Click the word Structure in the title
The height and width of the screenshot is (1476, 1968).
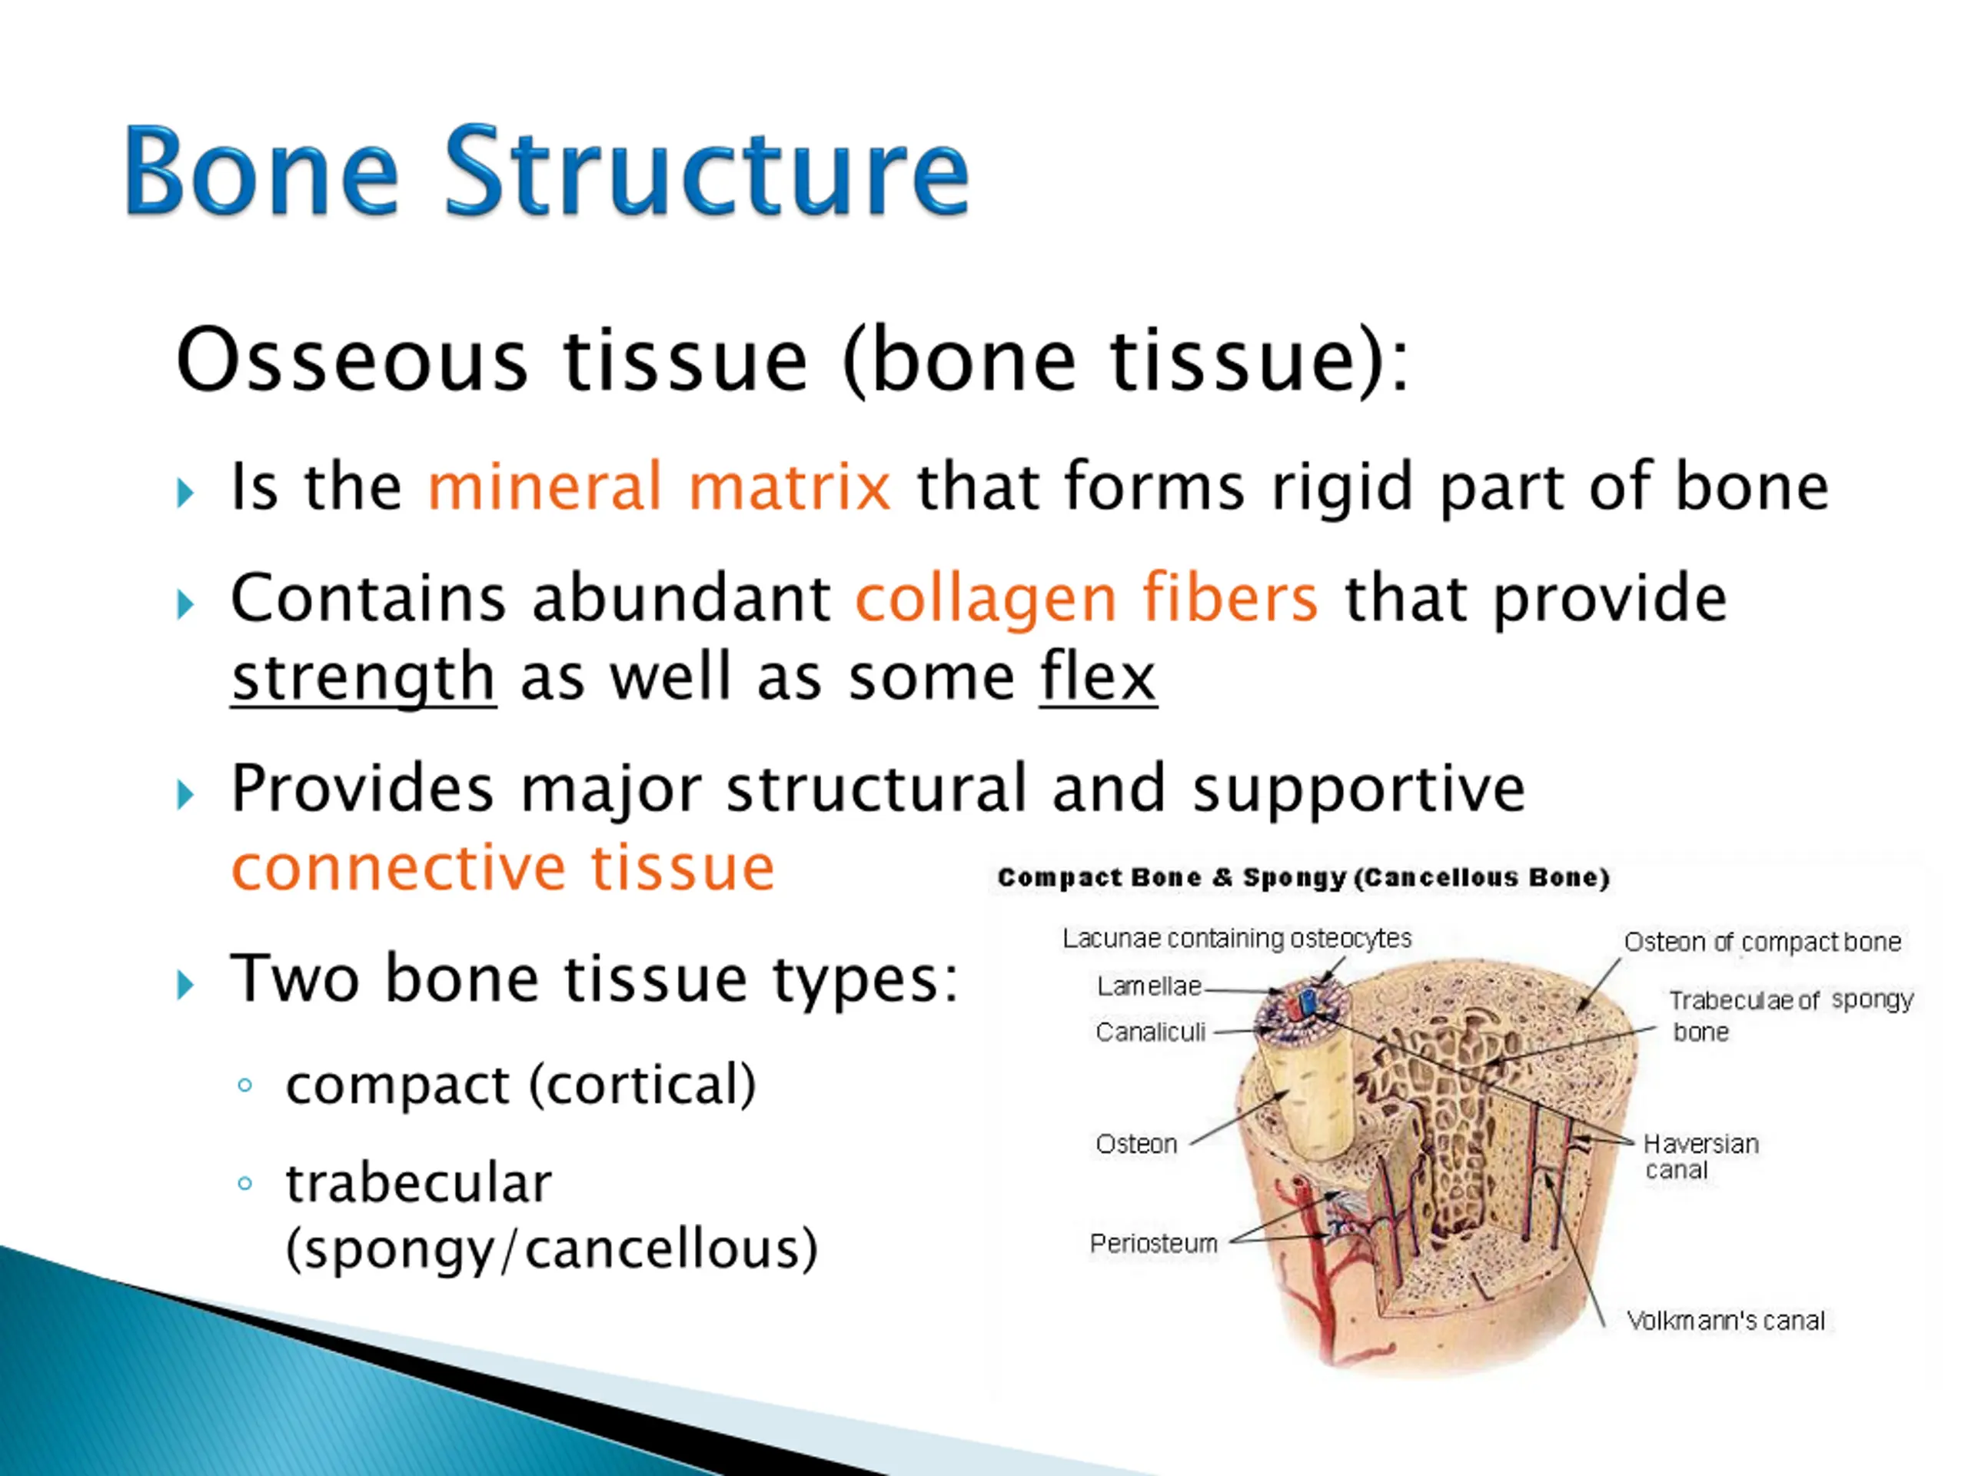pos(706,171)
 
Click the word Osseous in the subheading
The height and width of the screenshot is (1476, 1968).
pos(352,361)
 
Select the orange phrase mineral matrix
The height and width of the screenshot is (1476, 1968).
pos(658,487)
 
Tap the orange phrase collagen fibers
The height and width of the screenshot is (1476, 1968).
pos(1085,598)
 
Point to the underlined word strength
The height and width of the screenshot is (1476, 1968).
pos(363,678)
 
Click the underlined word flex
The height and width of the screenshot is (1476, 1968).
pos(1097,678)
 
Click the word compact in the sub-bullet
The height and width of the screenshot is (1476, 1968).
pos(397,1085)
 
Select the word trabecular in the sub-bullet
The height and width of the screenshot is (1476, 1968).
pos(418,1184)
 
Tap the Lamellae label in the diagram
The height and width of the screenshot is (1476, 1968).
pos(1149,986)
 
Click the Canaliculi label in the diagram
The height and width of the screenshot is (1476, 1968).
pos(1150,1032)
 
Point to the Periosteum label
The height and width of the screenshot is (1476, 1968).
pos(1153,1243)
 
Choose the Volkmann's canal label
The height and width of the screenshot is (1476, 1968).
pos(1725,1320)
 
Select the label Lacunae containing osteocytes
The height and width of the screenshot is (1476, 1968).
pos(1237,939)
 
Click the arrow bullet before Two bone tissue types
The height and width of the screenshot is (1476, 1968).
pos(185,986)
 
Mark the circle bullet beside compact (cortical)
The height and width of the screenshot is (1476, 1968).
pos(245,1085)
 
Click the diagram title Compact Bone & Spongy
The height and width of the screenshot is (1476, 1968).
pos(1303,878)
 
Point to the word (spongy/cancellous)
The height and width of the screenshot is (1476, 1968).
pos(550,1249)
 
